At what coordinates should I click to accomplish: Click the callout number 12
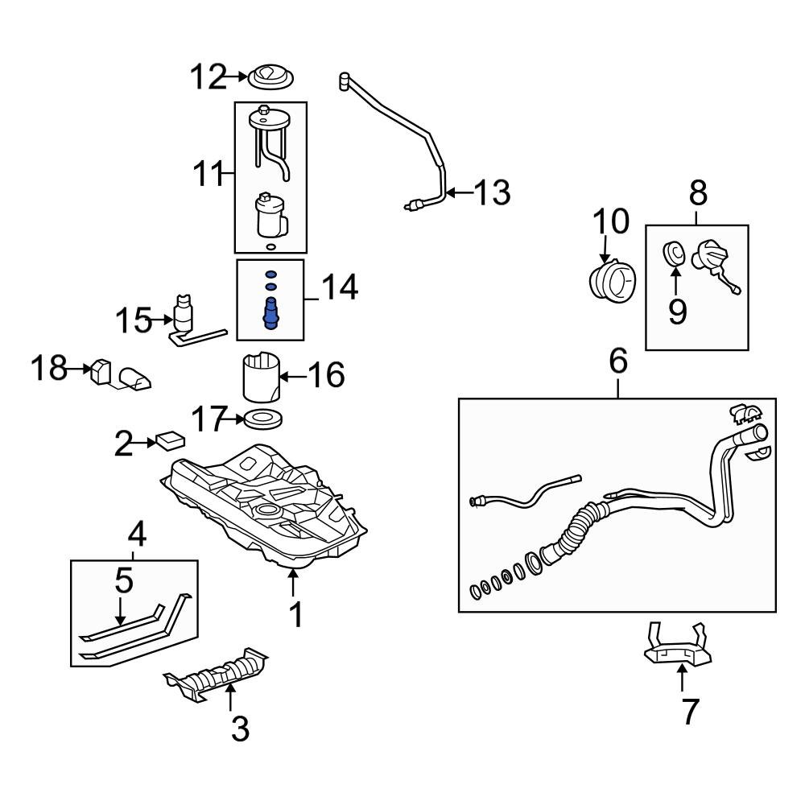coord(208,77)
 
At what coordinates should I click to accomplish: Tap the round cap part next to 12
coord(270,78)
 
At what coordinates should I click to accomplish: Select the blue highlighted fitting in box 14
coord(271,312)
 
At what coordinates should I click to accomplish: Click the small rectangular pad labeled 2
coord(170,440)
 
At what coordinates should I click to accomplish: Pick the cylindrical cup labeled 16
coord(262,377)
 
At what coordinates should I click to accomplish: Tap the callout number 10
coord(611,221)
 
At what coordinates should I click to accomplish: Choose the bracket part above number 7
coord(679,648)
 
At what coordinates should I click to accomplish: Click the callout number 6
coord(617,363)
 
